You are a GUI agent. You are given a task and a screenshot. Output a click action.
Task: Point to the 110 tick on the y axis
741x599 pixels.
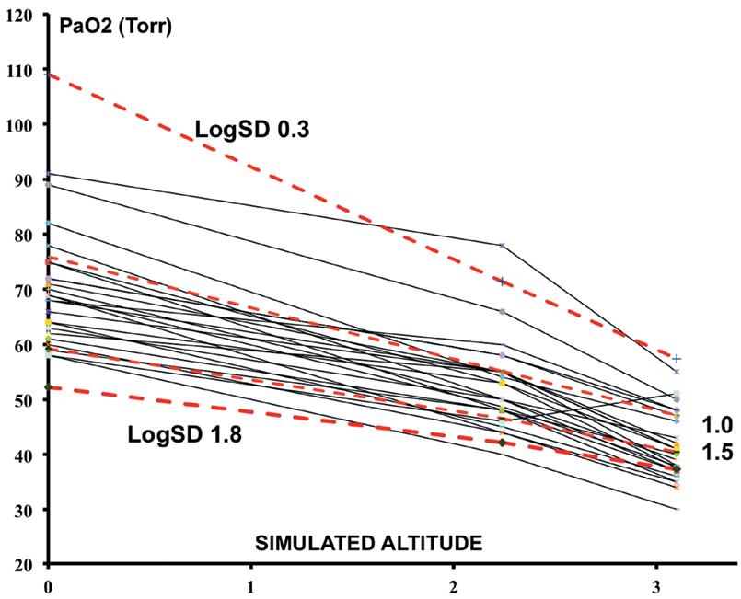(x=18, y=71)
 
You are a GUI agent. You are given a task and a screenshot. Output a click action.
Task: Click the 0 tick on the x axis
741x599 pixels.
(x=48, y=584)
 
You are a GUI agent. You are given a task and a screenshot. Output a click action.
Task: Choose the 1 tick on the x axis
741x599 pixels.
(x=251, y=584)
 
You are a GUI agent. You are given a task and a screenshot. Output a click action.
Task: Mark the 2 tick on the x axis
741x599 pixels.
(x=454, y=584)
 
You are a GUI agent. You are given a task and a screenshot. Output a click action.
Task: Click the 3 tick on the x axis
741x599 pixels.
(x=656, y=584)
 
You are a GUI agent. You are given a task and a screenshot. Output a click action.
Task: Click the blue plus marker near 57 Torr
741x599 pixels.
(x=677, y=358)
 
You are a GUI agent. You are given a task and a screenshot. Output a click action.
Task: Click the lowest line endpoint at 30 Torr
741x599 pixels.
(x=677, y=509)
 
